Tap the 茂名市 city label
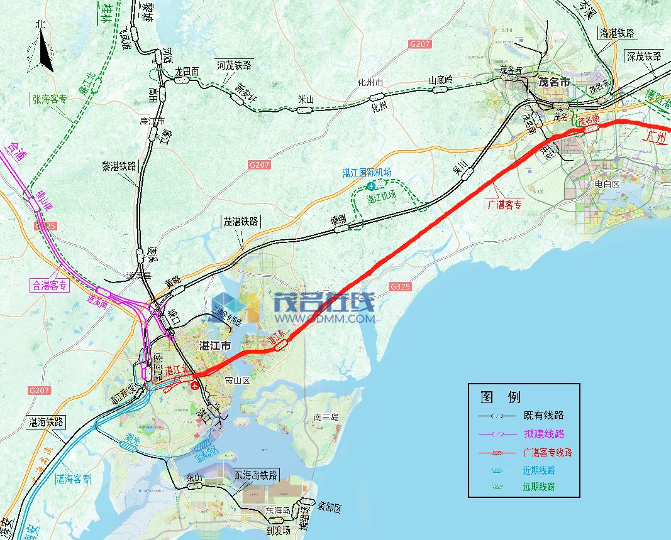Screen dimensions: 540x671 pos(554,83)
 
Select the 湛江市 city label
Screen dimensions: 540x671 pos(215,346)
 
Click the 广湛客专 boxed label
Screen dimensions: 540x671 pos(505,205)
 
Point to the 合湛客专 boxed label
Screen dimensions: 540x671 pos(49,285)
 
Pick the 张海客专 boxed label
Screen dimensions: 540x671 pos(50,99)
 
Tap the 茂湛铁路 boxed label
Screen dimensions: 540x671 pos(241,221)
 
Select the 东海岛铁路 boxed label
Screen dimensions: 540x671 pos(255,475)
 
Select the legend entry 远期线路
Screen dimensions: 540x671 pos(538,487)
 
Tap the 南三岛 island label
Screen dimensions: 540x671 pos(326,417)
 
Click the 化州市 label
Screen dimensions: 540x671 pos(370,82)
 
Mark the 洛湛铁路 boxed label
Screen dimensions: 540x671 pos(617,34)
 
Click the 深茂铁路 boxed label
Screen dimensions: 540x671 pos(643,56)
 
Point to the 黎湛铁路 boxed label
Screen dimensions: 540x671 pos(119,166)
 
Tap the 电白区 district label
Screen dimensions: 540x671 pos(607,185)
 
